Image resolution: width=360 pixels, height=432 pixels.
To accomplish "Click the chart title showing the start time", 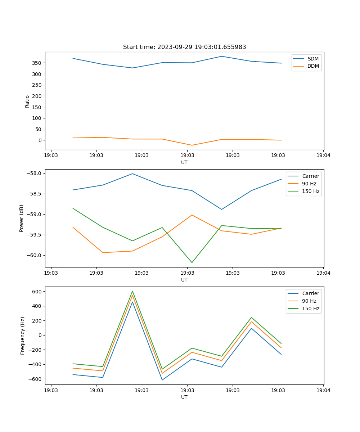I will click(184, 47).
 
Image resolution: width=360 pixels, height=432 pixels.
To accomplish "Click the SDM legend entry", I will click(313, 59).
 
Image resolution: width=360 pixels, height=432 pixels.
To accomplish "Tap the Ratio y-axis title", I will click(27, 101).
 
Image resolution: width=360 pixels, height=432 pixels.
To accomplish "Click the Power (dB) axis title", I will click(22, 218).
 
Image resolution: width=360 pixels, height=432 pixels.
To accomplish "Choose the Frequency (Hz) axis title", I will click(23, 336).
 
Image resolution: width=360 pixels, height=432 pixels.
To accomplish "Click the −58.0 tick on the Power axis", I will click(35, 173).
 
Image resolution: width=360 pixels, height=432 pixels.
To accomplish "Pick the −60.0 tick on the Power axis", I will click(35, 255).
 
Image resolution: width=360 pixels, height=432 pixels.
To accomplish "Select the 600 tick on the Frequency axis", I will click(38, 291).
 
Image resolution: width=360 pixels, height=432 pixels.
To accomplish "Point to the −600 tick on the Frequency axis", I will click(36, 379).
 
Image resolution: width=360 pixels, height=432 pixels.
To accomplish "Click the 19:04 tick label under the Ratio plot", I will click(323, 156).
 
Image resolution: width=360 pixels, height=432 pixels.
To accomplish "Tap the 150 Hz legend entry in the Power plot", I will click(311, 191).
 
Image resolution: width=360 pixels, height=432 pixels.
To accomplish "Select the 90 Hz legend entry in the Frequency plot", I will click(309, 301).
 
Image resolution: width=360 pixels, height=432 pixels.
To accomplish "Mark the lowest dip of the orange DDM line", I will click(192, 145).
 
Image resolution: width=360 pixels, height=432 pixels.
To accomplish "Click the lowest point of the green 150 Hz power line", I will click(192, 262).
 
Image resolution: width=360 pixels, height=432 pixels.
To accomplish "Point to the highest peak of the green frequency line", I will click(132, 291).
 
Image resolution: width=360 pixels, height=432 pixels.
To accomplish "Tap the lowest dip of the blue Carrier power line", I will click(222, 209).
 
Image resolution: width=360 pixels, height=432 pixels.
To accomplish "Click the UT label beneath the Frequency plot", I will click(184, 397).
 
